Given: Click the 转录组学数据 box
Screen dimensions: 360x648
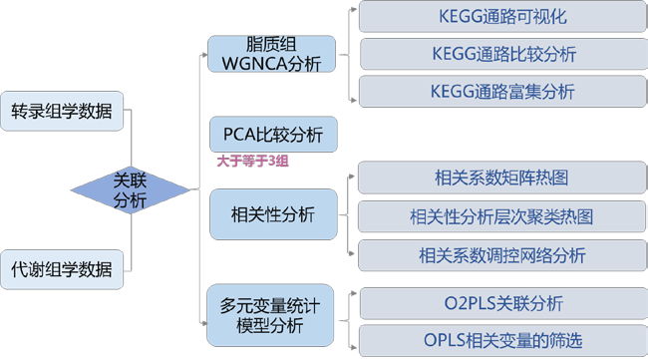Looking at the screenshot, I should [x=62, y=110].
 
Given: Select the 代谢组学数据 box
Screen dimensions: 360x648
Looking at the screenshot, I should [x=62, y=267].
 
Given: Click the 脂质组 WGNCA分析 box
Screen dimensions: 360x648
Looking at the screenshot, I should [x=269, y=54].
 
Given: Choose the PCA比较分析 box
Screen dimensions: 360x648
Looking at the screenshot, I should [x=271, y=134].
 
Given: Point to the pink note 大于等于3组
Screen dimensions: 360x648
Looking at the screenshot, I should [x=252, y=159].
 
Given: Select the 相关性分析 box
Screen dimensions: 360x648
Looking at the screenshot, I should [x=271, y=214].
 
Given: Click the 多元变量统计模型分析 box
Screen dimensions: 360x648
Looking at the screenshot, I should [x=271, y=312].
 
